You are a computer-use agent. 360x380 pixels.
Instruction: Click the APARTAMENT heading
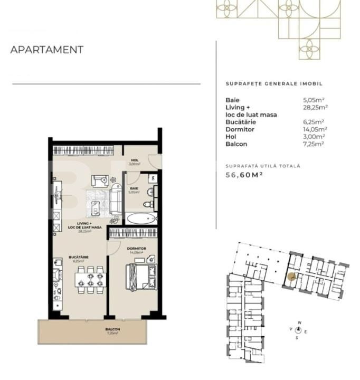[x=47, y=50]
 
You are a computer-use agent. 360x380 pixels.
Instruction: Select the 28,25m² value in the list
[x=315, y=107]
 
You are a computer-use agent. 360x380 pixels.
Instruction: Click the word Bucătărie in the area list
[x=240, y=122]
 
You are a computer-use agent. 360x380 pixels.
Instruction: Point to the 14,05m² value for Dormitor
[x=315, y=129]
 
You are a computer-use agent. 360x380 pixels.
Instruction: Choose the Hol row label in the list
[x=230, y=137]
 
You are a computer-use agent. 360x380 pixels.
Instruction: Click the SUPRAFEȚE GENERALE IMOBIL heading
[x=273, y=84]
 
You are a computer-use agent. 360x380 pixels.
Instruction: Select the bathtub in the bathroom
[x=141, y=218]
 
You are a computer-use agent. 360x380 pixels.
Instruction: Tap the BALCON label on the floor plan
[x=112, y=329]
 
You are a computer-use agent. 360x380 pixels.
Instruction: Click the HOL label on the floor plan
[x=134, y=160]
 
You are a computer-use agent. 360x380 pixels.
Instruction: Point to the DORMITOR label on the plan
[x=136, y=248]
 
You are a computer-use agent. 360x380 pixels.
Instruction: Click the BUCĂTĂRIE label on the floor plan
[x=78, y=258]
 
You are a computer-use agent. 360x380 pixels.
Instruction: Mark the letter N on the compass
[x=299, y=322]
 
